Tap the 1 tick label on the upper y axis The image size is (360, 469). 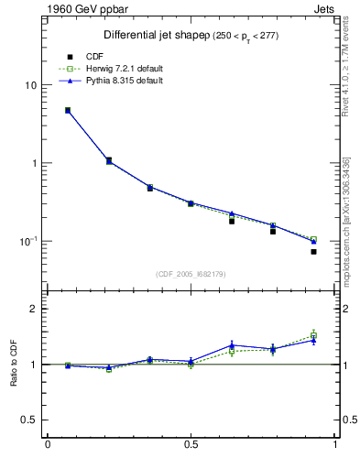pyautogui.click(x=32, y=163)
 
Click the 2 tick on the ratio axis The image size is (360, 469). pyautogui.click(x=32, y=310)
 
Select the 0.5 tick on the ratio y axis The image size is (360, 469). pyautogui.click(x=27, y=420)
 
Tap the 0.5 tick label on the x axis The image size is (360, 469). pyautogui.click(x=191, y=446)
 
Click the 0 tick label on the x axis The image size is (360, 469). pyautogui.click(x=48, y=446)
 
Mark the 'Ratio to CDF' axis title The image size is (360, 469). pyautogui.click(x=13, y=365)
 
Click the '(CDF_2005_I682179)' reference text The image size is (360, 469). pyautogui.click(x=191, y=274)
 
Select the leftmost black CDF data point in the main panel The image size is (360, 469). pyautogui.click(x=68, y=111)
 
